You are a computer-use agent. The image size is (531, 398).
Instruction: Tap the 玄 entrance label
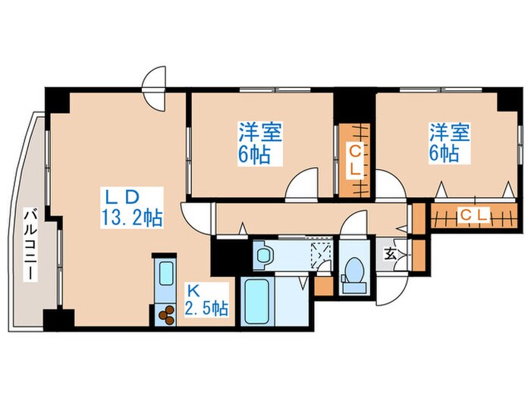(x=389, y=254)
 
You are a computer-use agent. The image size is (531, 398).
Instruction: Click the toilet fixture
(x=352, y=274)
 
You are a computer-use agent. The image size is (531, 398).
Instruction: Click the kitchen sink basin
(x=165, y=274)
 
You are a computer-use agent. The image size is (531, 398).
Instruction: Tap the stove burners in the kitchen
(x=165, y=313)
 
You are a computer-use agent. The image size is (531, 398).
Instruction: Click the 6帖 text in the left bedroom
(x=254, y=157)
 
